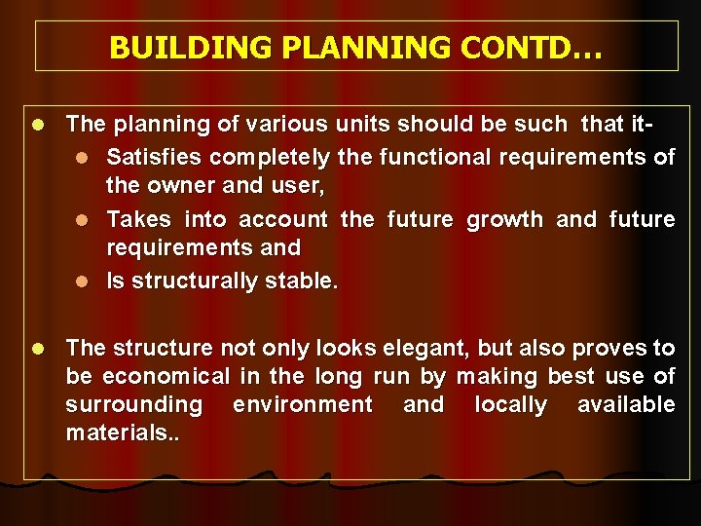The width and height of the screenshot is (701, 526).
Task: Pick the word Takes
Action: [x=136, y=219]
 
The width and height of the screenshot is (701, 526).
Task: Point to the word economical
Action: [x=162, y=376]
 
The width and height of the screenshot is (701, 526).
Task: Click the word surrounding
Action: [x=134, y=404]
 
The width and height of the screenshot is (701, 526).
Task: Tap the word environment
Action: [x=302, y=404]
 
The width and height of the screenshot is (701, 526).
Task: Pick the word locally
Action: [x=510, y=404]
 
